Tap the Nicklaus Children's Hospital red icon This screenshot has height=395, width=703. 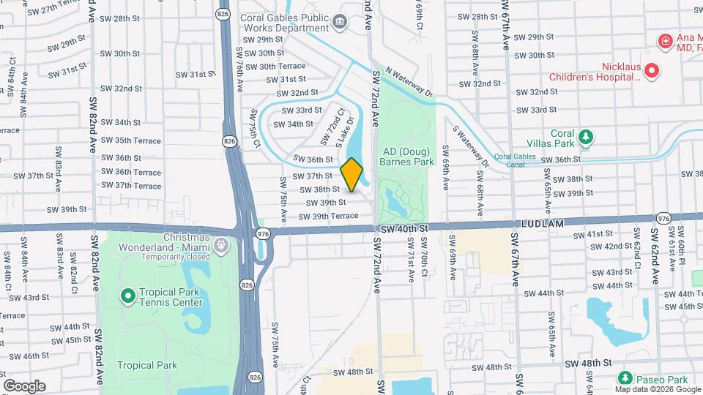tap(652, 71)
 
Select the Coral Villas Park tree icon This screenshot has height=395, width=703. tap(585, 136)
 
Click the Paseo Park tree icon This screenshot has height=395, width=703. tap(625, 378)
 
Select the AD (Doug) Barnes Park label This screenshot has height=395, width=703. tap(407, 157)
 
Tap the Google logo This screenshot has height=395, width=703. tap(24, 385)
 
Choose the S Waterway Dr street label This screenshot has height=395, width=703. tap(469, 146)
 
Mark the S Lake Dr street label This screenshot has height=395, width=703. tap(345, 132)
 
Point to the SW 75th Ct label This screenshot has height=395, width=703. tap(256, 127)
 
